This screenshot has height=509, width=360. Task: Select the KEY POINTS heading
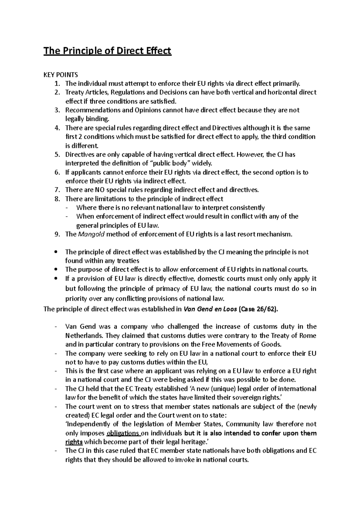61,75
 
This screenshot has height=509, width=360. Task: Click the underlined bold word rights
74,442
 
